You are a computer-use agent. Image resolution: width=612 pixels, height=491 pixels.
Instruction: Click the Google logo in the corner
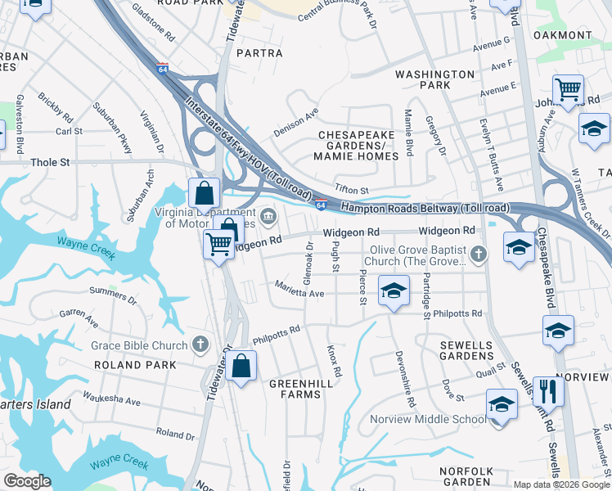pos(27,481)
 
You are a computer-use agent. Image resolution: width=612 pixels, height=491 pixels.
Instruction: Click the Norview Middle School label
pos(439,420)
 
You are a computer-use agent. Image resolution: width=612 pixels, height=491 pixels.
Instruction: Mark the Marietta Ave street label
pos(300,293)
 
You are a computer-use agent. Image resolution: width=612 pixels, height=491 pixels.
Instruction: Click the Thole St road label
pos(50,163)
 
